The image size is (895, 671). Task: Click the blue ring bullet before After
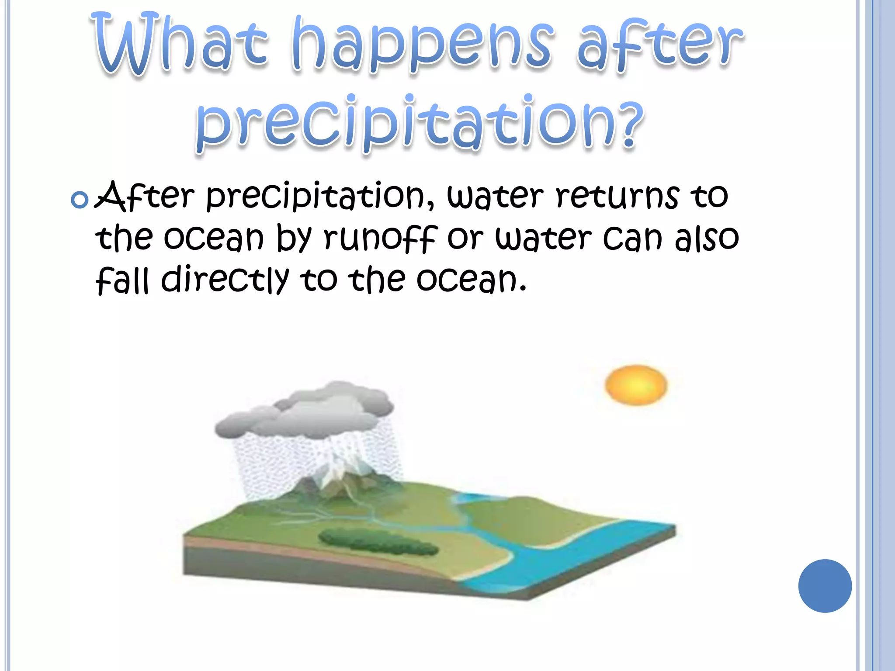80,200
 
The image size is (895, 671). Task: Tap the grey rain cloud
306,411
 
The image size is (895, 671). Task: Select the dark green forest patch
378,542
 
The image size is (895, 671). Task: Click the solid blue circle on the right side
825,586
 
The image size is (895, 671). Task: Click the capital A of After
109,197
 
